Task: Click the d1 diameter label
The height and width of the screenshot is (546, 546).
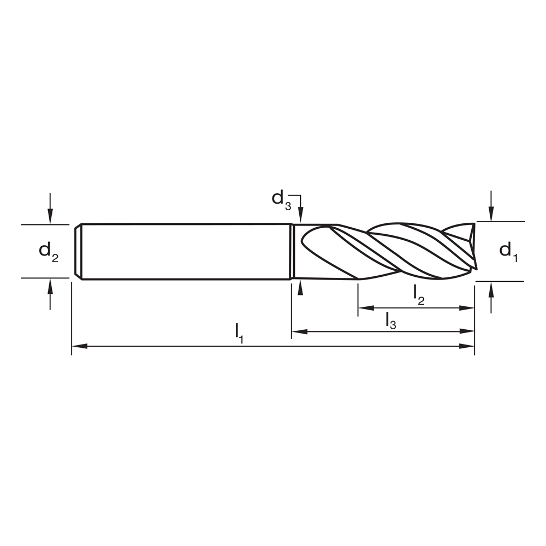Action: (507, 251)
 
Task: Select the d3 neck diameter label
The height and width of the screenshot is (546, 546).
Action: (281, 198)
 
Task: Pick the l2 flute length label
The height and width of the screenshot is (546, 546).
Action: (419, 295)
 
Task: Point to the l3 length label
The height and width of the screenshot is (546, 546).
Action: (390, 320)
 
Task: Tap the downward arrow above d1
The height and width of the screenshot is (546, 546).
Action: (491, 215)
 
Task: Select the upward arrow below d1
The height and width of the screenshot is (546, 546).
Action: (491, 289)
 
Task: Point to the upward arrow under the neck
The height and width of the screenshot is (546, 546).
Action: (299, 288)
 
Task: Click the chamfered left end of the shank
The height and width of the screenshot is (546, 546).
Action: (78, 251)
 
